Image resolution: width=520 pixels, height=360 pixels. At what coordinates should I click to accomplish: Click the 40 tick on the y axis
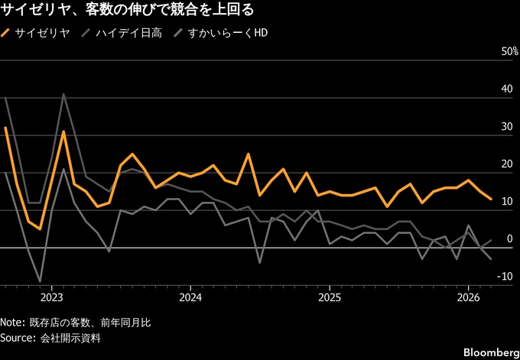(505, 89)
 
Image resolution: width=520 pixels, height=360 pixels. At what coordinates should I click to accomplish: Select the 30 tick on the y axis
(505, 127)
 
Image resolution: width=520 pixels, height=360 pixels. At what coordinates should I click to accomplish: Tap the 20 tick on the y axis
(505, 164)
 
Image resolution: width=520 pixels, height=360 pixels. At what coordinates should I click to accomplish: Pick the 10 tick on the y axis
(505, 202)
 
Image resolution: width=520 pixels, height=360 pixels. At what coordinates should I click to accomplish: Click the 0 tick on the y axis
(509, 239)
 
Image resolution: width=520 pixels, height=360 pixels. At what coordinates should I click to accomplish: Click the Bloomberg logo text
(486, 352)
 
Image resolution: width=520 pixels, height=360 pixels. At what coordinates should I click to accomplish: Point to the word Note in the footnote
(13, 323)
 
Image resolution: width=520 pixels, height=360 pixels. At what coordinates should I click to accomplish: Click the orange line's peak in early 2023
(63, 131)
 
